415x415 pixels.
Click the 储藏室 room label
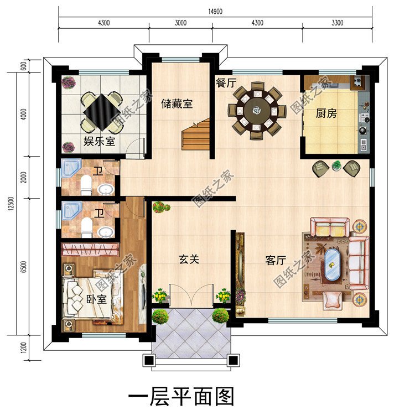click(177, 103)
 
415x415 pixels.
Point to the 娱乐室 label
click(100, 141)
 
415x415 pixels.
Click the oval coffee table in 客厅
click(333, 264)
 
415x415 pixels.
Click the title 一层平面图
click(181, 397)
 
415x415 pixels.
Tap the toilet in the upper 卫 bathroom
click(86, 185)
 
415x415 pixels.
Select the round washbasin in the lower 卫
click(105, 231)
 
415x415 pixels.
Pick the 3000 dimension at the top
click(180, 24)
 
